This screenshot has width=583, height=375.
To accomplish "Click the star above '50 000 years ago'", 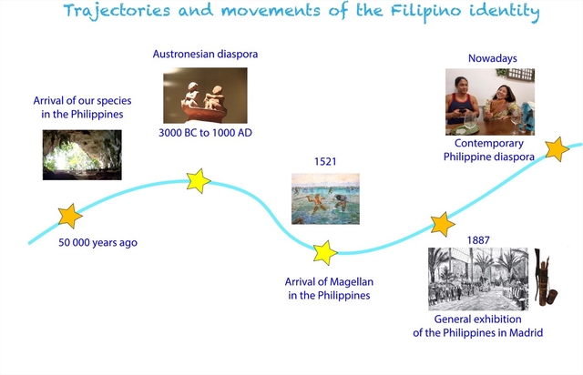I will tap(69, 216).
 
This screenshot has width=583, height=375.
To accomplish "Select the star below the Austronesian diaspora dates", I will tap(199, 180).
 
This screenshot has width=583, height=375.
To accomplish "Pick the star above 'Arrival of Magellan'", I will tap(324, 252).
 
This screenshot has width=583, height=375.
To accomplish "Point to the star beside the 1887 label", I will tap(443, 224).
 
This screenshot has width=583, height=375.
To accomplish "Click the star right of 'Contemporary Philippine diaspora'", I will tap(557, 147).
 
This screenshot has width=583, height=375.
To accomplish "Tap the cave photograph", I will tap(82, 154).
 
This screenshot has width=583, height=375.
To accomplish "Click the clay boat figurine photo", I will tap(205, 96).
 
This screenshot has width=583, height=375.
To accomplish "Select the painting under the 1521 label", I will tap(325, 198).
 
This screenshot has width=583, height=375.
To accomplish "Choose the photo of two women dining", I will tap(489, 101).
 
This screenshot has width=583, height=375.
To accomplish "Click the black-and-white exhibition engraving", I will tap(477, 279).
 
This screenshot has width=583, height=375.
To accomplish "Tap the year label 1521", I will tap(325, 161).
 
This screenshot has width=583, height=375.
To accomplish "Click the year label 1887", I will tap(479, 239).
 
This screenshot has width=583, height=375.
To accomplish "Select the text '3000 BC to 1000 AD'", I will tap(205, 133).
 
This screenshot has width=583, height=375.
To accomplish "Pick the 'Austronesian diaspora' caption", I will tap(205, 54).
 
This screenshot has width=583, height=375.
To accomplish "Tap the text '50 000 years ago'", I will tap(97, 243).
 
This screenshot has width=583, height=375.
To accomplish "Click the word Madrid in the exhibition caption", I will tap(524, 333).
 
